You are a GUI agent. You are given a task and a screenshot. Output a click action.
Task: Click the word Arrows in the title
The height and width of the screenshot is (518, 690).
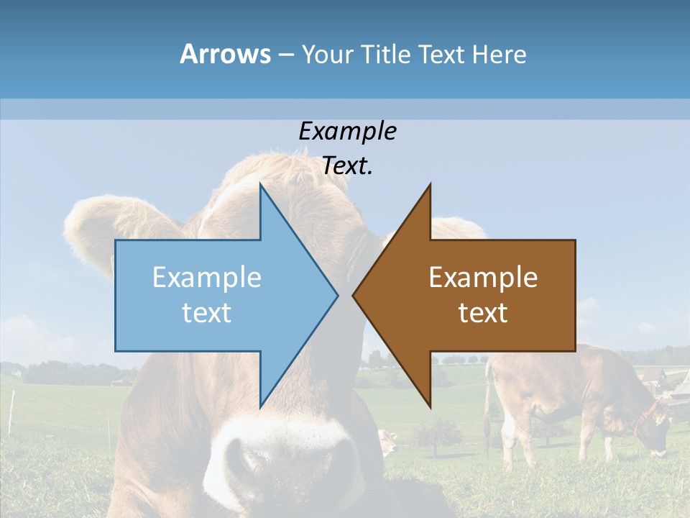tap(225, 54)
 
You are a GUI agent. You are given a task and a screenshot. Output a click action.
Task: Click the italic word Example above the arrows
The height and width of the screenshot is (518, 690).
tap(347, 131)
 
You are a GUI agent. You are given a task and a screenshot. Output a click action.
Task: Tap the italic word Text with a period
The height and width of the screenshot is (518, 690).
tap(347, 165)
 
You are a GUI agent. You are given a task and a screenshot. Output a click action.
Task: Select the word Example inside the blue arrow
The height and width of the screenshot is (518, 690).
tap(207, 278)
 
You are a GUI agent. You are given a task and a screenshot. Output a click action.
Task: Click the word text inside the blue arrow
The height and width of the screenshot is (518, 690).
tap(207, 313)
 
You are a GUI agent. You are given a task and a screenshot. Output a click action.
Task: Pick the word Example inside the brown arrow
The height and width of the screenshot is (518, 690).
tap(483, 278)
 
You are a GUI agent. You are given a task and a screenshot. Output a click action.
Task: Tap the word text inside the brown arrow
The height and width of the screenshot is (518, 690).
tap(483, 313)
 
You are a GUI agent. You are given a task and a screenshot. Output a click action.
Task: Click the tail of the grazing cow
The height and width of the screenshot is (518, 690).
tap(488, 403)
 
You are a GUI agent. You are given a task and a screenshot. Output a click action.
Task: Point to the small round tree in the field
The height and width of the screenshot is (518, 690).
tap(437, 432)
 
